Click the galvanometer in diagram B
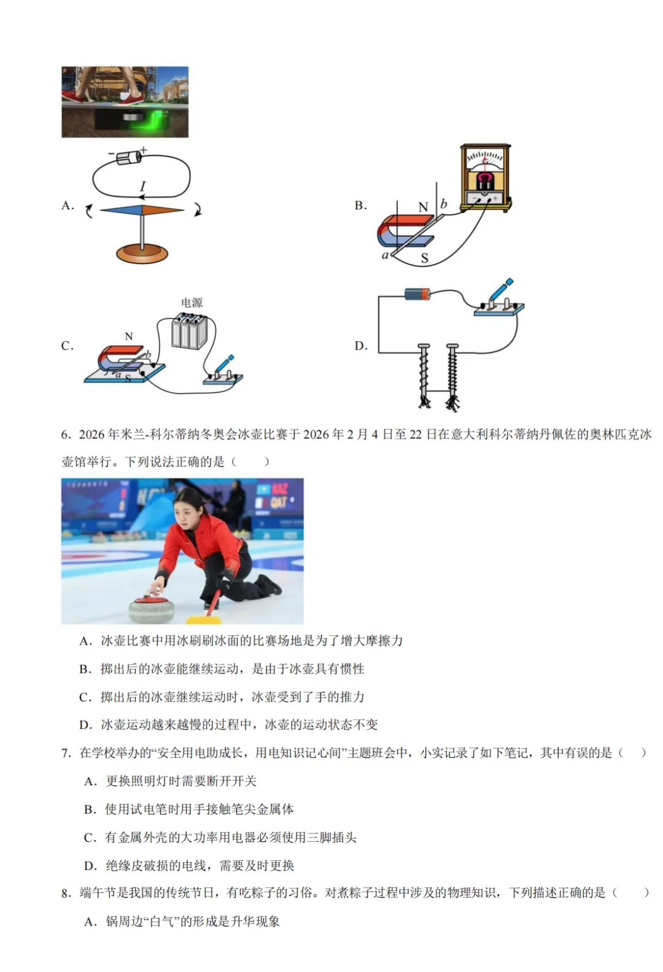pos(485,177)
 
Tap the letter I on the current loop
pos(143,186)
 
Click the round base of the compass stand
pos(142,252)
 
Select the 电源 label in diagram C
pos(192,303)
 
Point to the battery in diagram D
pos(417,294)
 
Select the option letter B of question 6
pos(85,669)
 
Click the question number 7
pos(66,753)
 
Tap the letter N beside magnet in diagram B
pos(423,208)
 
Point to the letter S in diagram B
pos(424,259)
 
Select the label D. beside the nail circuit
pos(361,346)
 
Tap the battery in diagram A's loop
pos(130,157)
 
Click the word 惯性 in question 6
pos(352,669)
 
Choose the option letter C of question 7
pos(90,838)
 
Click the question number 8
pos(66,893)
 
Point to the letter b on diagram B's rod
pos(444,203)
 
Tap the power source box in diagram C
pos(189,332)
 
